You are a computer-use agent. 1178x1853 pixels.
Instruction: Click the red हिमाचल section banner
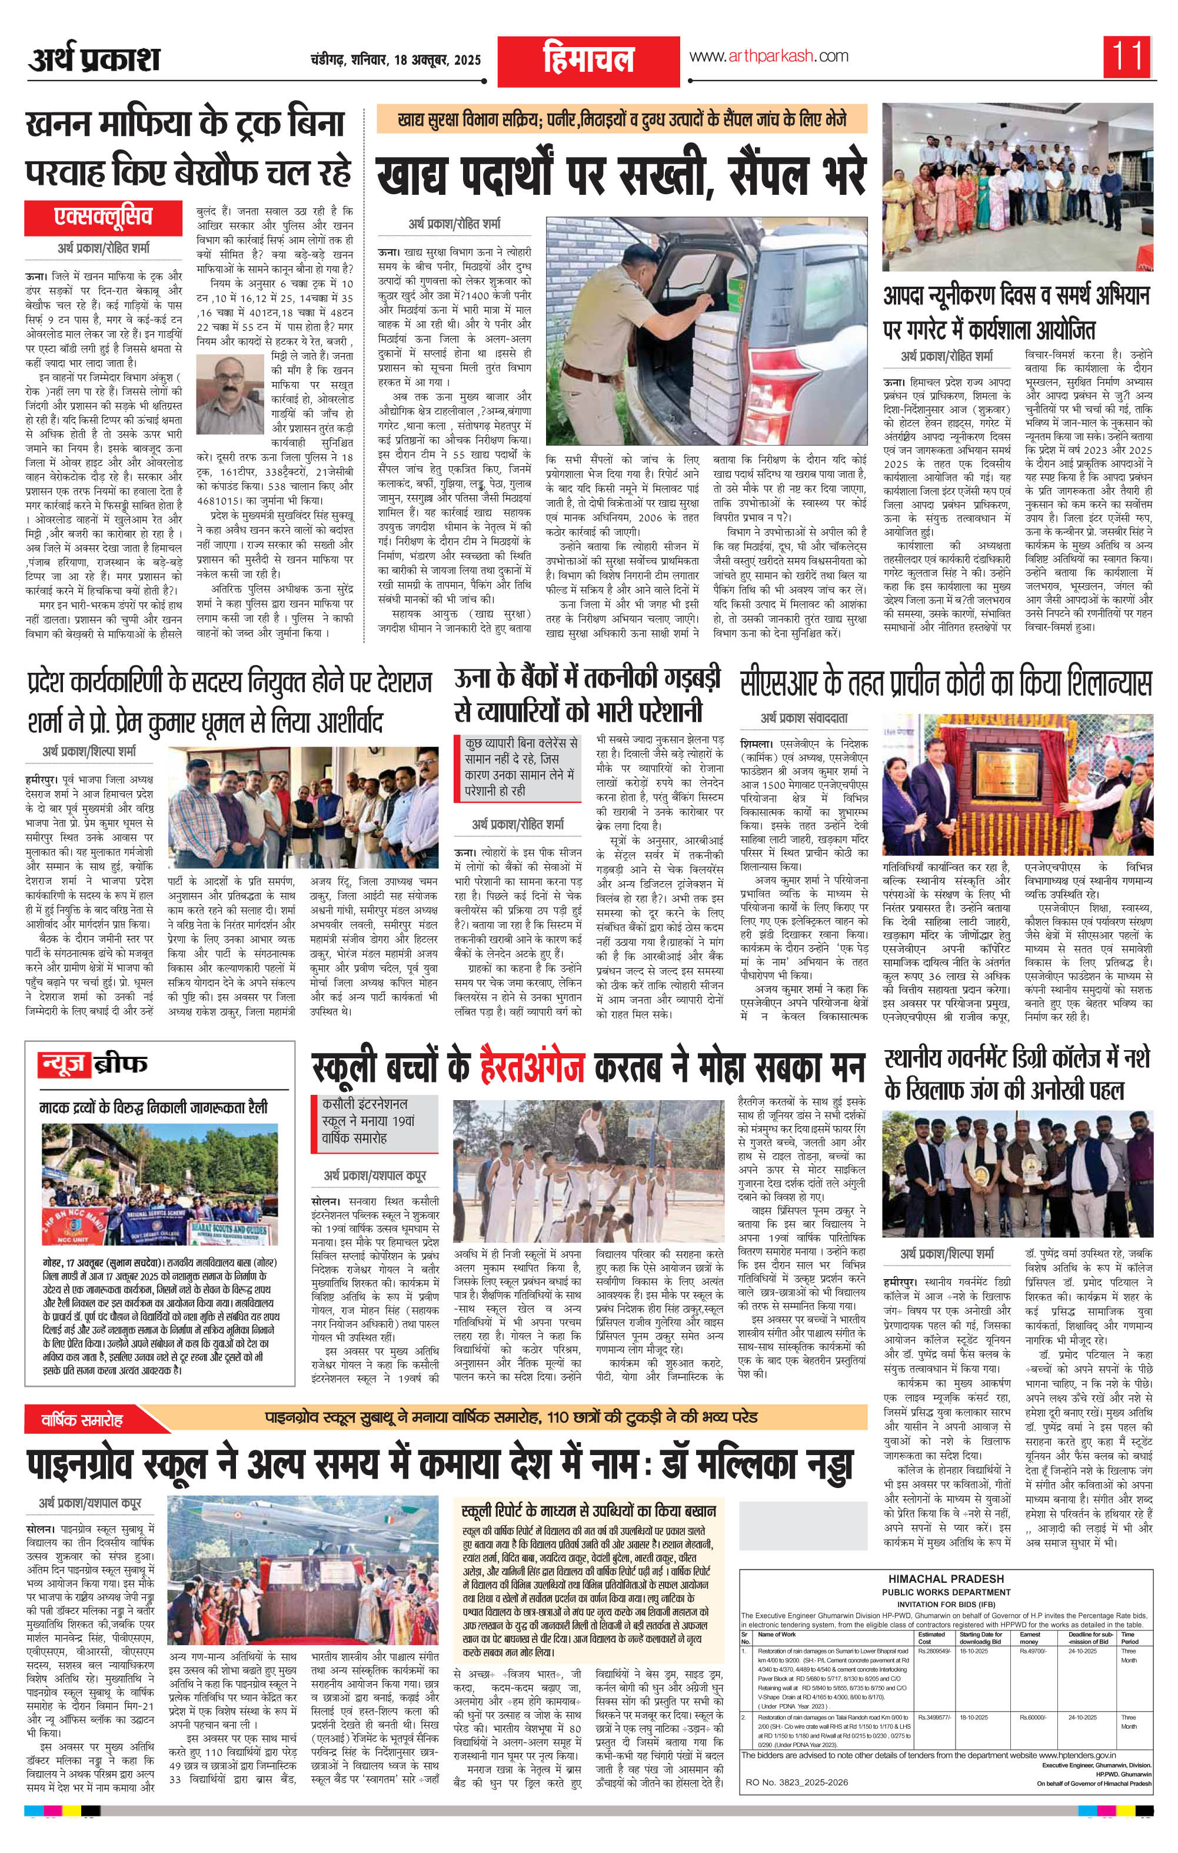[588, 61]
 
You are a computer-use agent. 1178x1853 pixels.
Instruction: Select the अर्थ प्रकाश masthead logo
[94, 59]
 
